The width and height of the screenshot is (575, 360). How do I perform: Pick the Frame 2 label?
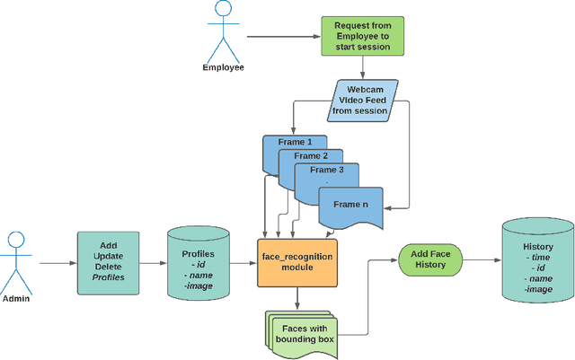[305, 155]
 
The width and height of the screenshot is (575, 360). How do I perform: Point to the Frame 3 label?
[326, 170]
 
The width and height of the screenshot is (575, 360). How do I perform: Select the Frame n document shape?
[350, 206]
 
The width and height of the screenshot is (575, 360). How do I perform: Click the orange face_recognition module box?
[296, 262]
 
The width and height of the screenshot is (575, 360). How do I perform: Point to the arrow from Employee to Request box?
[283, 37]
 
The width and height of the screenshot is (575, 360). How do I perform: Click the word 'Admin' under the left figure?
[17, 296]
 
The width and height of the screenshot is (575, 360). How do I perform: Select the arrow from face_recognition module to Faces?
[296, 298]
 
